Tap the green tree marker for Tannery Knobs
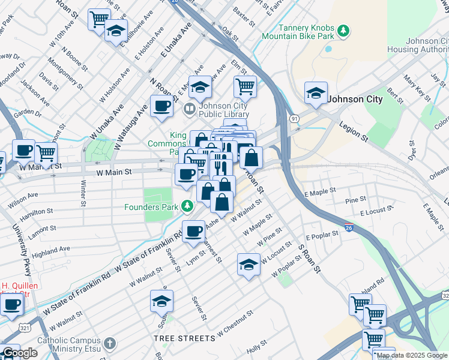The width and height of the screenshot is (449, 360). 343,31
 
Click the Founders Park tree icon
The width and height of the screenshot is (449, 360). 187,207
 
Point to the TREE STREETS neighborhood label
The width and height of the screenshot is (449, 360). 184,338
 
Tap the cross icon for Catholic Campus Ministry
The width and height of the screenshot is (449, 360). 109,343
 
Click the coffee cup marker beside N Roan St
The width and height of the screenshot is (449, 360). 161,107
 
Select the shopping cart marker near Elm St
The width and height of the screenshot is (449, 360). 245,86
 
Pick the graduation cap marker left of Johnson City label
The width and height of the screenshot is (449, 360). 316,93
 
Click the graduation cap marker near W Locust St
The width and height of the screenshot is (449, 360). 249,265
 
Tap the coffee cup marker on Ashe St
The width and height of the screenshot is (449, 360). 193,232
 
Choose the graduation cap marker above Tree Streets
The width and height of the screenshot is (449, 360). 161,301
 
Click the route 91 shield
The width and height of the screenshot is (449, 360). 294,119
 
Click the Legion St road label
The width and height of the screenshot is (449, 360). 354,132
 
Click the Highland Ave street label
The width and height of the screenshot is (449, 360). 51,248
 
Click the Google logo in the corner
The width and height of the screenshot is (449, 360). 19,353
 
